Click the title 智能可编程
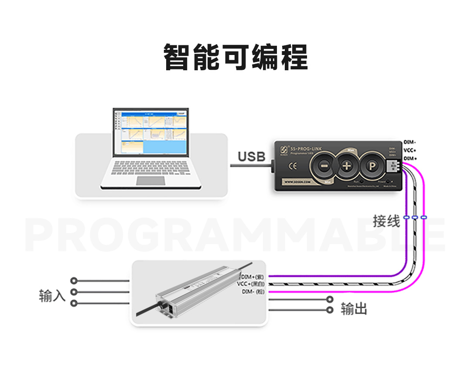(x=235, y=57)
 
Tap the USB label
(x=252, y=156)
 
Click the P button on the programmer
(x=372, y=165)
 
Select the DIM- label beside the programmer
(x=410, y=142)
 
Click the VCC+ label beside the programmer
(x=410, y=150)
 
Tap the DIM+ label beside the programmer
(x=410, y=158)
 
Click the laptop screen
(x=151, y=132)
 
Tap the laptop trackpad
(x=151, y=180)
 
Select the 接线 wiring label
(x=386, y=221)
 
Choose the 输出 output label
(x=354, y=309)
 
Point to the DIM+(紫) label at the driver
(x=253, y=277)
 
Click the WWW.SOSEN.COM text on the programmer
(x=298, y=181)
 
